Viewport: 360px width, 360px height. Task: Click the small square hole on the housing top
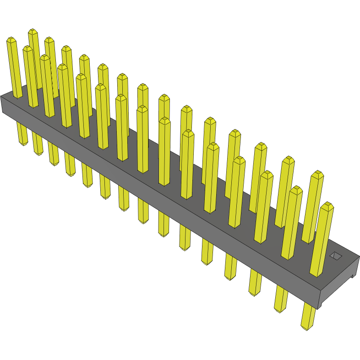[336, 256]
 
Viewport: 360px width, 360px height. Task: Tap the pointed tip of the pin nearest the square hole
[327, 206]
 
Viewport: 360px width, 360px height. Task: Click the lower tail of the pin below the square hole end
[307, 323]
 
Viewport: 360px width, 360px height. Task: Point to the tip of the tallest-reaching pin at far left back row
[33, 32]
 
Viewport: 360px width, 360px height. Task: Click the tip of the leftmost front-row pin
[11, 41]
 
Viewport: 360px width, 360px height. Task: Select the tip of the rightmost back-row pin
[317, 174]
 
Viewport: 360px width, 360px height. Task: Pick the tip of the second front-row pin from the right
[296, 189]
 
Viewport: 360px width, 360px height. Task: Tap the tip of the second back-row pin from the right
[288, 159]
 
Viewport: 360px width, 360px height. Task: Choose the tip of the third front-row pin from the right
[267, 174]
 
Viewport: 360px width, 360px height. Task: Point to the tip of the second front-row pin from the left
[27, 49]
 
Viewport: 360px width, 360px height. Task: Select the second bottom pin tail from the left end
[38, 150]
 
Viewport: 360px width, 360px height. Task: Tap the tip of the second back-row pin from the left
[49, 40]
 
